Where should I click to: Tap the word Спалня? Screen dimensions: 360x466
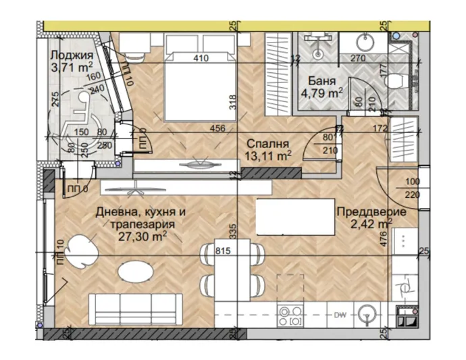coord(267,144)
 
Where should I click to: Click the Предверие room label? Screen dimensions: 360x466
coord(371,211)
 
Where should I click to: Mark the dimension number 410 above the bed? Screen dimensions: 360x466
coord(201,58)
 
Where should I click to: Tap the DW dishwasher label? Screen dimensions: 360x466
coord(340,314)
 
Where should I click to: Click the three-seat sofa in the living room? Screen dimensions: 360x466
coord(136,311)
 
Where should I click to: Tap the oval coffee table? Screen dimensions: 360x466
coord(135,272)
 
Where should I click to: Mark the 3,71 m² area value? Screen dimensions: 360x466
coord(71,67)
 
